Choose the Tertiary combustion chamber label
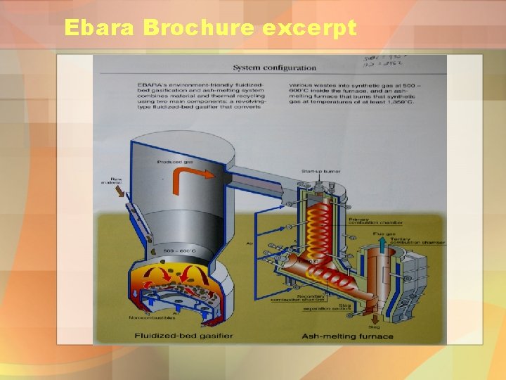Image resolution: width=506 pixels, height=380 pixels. coord(422,241)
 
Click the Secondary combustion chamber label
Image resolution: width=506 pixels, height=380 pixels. coord(315,298)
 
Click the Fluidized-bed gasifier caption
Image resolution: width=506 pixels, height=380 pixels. coord(183,336)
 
